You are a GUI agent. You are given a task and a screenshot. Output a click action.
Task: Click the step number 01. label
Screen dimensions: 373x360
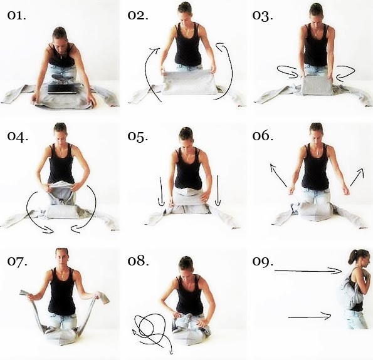16,16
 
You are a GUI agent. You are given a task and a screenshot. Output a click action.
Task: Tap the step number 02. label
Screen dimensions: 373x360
138,16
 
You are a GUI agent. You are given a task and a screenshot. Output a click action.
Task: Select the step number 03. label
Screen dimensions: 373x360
263,16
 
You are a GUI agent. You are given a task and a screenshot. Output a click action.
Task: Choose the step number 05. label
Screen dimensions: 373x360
138,136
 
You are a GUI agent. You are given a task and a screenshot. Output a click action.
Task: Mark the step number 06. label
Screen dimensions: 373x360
263,136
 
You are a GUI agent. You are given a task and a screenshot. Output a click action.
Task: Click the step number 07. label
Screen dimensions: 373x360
17,260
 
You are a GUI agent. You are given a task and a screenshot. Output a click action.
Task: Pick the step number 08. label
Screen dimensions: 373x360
138,260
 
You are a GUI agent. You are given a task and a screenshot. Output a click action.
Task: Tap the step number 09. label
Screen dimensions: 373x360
263,262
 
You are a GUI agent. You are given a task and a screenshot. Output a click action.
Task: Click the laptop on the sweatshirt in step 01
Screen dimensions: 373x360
63,88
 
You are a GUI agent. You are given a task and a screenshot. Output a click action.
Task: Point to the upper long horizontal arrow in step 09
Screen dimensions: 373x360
308,270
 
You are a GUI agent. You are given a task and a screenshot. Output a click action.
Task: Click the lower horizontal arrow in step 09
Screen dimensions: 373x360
310,317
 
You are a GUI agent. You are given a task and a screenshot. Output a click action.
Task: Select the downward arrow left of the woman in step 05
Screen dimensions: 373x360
161,192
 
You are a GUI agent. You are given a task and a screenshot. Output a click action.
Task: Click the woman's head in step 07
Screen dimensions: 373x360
61,259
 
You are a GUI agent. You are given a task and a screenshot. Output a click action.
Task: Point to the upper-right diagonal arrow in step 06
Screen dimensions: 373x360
357,177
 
